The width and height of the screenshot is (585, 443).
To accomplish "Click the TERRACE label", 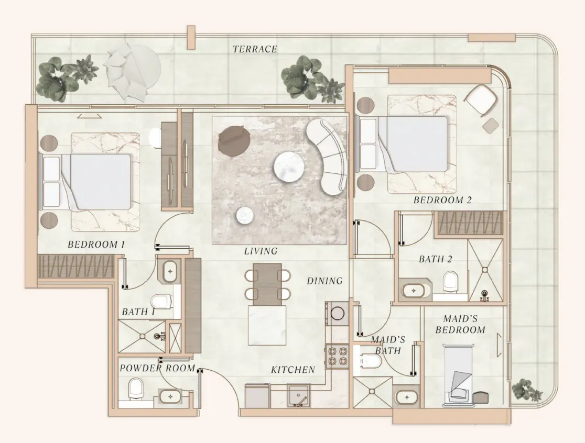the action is tap(255, 49).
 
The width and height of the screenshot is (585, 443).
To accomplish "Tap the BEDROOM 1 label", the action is tap(96, 245).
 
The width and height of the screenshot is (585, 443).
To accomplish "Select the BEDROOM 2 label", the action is tap(442, 200).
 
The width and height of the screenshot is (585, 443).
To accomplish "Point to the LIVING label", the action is tap(261, 251).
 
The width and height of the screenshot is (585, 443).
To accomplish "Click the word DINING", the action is tap(324, 281).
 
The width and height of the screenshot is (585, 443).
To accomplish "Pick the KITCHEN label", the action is tap(293, 370).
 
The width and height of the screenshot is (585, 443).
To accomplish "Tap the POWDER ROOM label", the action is tap(157, 369).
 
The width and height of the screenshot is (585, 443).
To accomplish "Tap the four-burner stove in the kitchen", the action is tap(337, 356).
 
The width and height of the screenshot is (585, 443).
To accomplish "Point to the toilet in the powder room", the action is tap(136, 389).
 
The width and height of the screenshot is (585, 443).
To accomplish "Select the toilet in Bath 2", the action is tap(451, 281).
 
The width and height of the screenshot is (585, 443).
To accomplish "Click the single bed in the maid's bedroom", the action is tap(459, 375).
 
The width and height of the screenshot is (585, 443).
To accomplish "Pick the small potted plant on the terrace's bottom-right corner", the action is tap(526, 390).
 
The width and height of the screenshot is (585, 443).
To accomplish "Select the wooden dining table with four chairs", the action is tap(267, 284).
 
